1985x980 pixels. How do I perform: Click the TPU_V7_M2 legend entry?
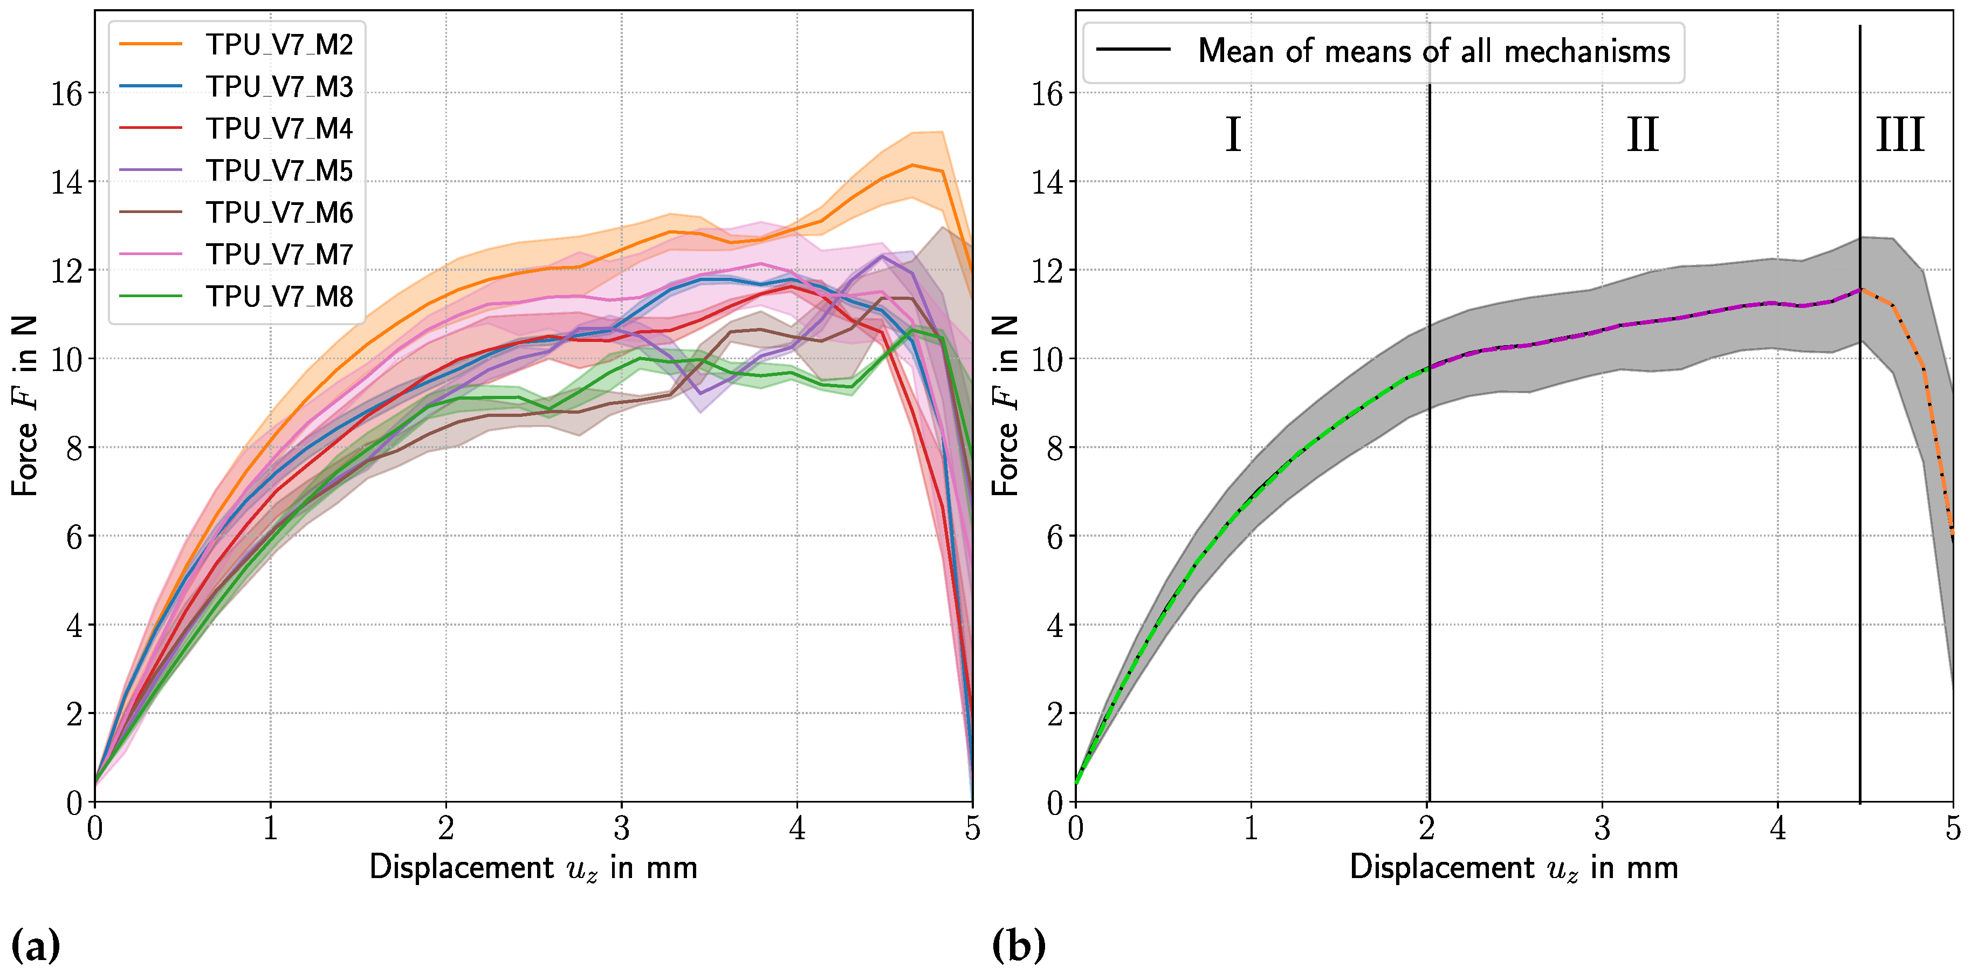pos(278,45)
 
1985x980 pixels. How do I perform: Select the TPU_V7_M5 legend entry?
pos(278,170)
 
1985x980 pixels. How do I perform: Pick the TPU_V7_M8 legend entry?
pos(278,296)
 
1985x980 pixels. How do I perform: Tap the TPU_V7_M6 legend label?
pos(278,212)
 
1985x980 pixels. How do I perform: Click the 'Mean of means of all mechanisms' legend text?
pos(1433,52)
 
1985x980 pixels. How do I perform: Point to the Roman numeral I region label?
pos(1232,135)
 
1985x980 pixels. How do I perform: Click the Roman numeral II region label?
pos(1642,135)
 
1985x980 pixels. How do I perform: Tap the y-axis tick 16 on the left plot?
pos(66,93)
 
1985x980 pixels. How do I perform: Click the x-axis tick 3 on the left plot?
pos(621,829)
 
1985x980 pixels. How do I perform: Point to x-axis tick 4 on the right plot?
pos(1777,829)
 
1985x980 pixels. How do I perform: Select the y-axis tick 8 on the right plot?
pos(1054,448)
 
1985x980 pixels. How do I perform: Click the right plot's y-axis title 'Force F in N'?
pos(1005,406)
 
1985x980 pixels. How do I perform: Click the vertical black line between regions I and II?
pos(1430,462)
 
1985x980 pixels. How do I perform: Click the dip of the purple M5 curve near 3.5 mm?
pos(699,393)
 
